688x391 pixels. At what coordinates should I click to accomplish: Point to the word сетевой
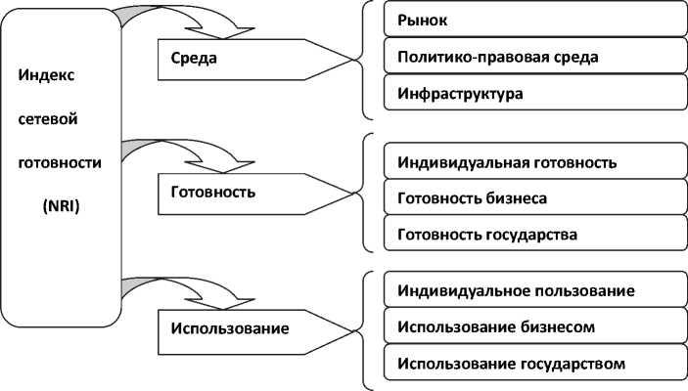click(48, 118)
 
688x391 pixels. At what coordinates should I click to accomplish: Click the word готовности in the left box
click(61, 162)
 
